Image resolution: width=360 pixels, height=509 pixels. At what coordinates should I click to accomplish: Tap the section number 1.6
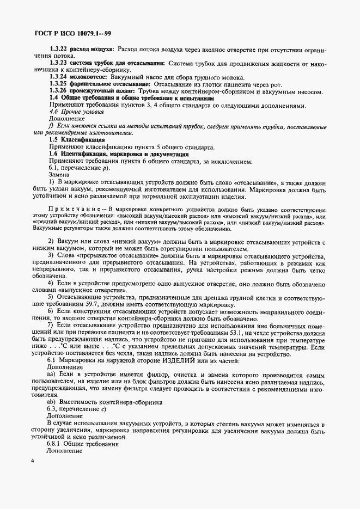point(53,155)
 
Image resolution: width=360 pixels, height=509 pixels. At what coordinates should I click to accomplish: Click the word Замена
point(59,175)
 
